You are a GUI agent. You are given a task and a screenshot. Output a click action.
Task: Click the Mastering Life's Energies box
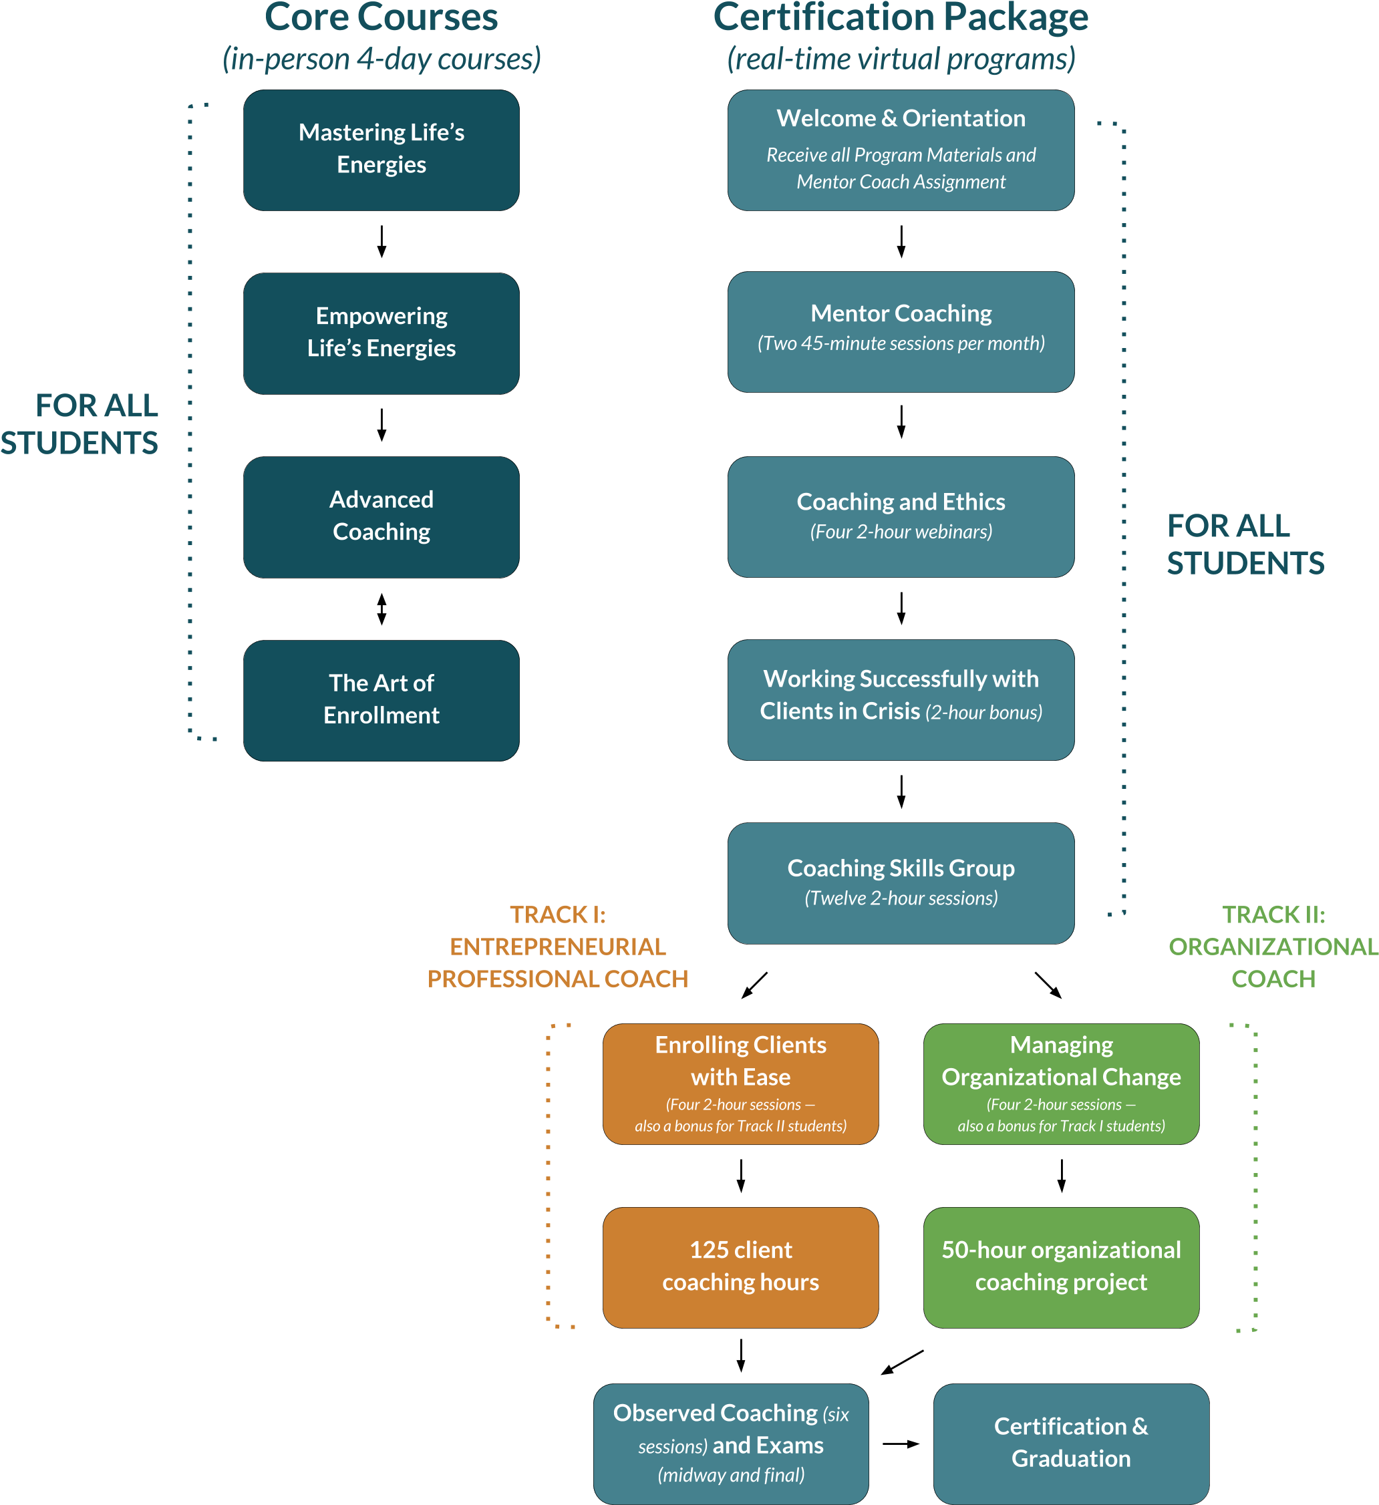click(x=381, y=150)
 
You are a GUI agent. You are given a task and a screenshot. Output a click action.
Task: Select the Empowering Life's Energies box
click(x=381, y=333)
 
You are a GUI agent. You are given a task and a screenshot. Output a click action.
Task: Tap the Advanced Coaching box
click(x=381, y=516)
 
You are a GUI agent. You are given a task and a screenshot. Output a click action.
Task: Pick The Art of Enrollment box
click(x=381, y=700)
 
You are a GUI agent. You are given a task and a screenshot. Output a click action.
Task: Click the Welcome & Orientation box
click(x=901, y=150)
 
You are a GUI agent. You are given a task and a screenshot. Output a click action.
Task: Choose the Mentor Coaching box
click(x=901, y=331)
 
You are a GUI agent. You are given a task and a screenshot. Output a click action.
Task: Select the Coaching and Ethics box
click(x=901, y=516)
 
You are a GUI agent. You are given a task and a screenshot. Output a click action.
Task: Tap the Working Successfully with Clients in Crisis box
click(x=901, y=699)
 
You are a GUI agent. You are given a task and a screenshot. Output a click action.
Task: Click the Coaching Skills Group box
click(x=901, y=882)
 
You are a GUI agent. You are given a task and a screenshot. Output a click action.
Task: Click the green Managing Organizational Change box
click(x=1061, y=1083)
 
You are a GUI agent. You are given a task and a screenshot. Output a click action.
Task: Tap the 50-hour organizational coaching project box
click(x=1061, y=1267)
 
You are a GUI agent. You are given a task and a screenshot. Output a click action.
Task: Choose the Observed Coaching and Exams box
click(x=730, y=1444)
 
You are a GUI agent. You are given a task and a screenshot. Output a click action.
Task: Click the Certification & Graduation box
click(x=1070, y=1444)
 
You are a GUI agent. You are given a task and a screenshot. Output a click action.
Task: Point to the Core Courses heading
click(x=381, y=18)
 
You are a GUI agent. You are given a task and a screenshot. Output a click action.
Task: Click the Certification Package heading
click(x=901, y=18)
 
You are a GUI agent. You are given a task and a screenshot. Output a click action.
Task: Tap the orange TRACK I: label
click(x=558, y=914)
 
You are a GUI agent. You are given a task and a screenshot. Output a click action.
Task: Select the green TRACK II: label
click(x=1273, y=914)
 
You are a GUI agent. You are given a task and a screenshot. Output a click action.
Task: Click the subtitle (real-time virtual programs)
click(x=901, y=59)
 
